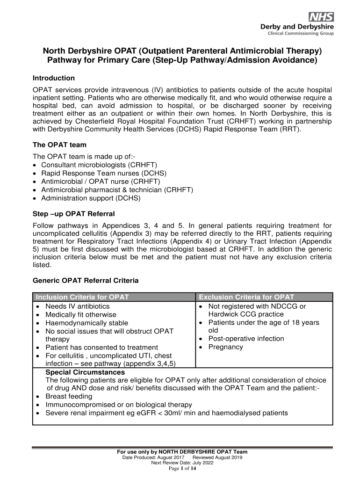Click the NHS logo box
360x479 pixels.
point(320,17)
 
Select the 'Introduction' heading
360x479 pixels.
point(54,78)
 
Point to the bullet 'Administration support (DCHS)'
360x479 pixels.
point(91,198)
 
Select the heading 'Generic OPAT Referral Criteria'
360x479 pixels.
point(86,281)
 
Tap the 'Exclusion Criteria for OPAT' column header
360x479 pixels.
point(246,297)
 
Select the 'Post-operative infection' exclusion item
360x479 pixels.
point(246,339)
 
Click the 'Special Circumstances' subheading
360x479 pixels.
point(85,372)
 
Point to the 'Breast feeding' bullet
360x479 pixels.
point(69,396)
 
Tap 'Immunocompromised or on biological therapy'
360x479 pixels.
point(118,405)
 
